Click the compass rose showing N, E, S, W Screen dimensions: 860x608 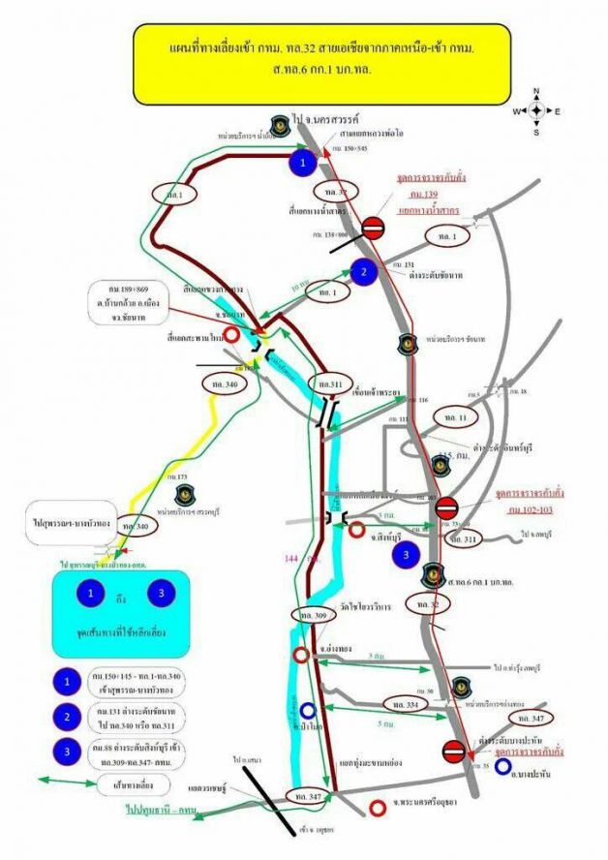[535, 110]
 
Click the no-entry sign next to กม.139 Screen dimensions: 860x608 [374, 229]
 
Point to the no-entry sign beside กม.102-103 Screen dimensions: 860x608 [446, 507]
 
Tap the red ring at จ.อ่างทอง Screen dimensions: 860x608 [301, 656]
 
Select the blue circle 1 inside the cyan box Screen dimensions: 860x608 [91, 591]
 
